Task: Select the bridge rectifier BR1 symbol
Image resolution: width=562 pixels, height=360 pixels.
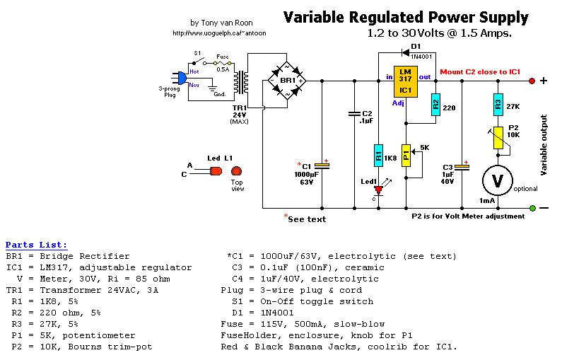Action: (286, 81)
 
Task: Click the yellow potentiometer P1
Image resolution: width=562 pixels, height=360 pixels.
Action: (406, 153)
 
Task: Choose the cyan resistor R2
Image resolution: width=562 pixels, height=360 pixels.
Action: (435, 105)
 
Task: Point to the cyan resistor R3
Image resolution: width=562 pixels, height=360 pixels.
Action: (498, 105)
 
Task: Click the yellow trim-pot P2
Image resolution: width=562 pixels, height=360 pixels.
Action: (498, 139)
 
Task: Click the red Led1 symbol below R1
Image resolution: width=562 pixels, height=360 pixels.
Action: (378, 190)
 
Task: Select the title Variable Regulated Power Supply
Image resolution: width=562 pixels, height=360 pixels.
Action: (406, 18)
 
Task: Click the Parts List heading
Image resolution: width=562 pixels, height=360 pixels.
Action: (37, 245)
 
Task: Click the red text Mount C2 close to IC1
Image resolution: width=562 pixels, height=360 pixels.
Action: (481, 72)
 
